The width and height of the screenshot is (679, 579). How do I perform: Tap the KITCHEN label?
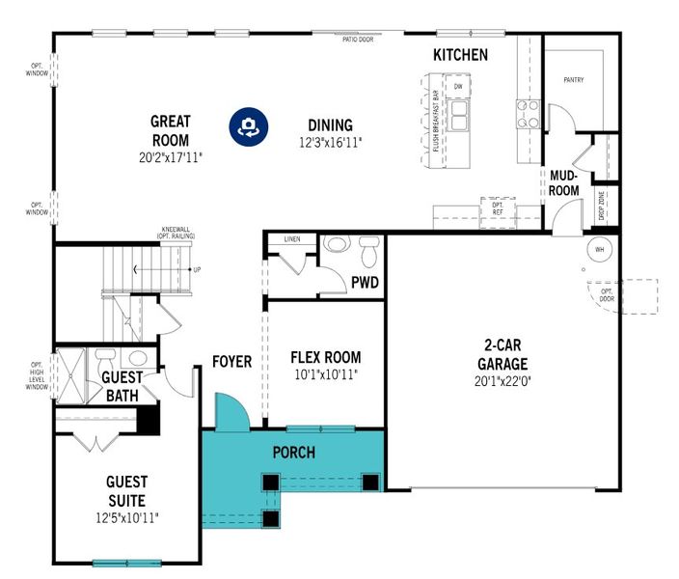pos(460,55)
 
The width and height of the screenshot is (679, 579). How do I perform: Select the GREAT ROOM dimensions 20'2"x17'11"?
pos(171,156)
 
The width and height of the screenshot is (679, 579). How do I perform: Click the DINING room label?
pos(330,125)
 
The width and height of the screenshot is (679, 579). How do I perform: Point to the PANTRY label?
pos(574,80)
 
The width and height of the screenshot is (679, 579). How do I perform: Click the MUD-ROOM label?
pos(564,183)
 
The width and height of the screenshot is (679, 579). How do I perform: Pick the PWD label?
pos(365,283)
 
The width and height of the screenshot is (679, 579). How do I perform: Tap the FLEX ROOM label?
pos(326,357)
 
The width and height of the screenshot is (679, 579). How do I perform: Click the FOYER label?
pos(231,362)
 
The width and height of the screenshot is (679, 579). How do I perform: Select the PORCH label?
pos(294,453)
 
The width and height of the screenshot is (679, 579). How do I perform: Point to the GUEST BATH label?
pos(122,386)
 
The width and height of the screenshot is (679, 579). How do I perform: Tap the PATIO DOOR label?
pos(357,41)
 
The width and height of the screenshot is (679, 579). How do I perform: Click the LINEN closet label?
pos(293,238)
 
